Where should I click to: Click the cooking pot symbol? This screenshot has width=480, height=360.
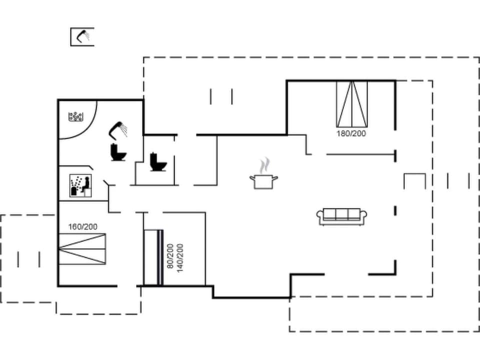[263, 181]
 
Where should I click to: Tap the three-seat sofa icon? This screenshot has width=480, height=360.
[342, 216]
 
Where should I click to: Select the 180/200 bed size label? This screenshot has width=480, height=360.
[351, 133]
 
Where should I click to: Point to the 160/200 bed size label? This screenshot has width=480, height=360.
[83, 226]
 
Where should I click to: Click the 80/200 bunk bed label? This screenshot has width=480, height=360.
[170, 256]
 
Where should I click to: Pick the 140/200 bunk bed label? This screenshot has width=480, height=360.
[180, 256]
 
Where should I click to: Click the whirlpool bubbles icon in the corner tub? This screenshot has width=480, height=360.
[75, 117]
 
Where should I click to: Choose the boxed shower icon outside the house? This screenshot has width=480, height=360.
[82, 36]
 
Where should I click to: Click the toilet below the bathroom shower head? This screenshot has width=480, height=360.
[118, 152]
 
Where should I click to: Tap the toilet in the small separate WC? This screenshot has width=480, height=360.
[158, 161]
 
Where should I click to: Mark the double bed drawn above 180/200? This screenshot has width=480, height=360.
[351, 103]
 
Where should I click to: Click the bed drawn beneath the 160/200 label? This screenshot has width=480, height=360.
[82, 249]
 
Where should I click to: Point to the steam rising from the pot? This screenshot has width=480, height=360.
[264, 165]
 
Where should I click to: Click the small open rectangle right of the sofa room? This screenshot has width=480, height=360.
[414, 180]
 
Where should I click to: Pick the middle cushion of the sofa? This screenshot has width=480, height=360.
[342, 214]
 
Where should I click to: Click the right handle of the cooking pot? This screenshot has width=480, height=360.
[275, 177]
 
